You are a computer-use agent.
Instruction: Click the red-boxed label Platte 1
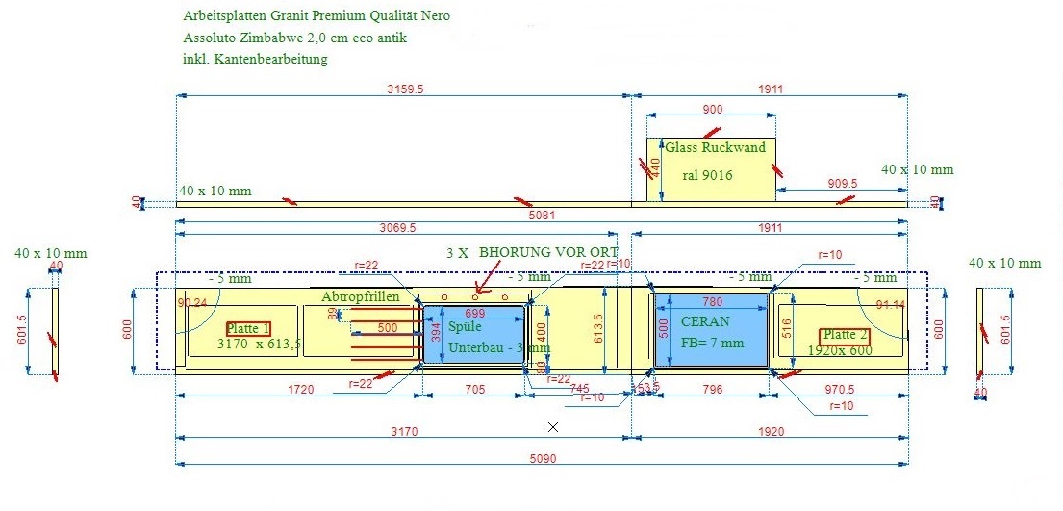click(248, 328)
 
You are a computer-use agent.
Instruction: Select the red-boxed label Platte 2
click(845, 336)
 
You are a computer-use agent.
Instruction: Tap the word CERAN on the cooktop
click(705, 321)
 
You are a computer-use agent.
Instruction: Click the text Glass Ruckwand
click(715, 147)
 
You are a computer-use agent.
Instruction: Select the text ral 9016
click(707, 175)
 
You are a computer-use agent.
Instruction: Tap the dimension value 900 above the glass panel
click(713, 109)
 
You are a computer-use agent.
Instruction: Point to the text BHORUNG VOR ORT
click(548, 251)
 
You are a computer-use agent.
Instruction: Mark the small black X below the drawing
click(553, 426)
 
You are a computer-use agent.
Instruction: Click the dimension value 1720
click(298, 390)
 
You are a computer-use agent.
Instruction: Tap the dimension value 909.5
click(842, 183)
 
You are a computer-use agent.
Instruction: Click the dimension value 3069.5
click(395, 228)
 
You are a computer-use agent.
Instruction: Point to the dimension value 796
click(713, 390)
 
